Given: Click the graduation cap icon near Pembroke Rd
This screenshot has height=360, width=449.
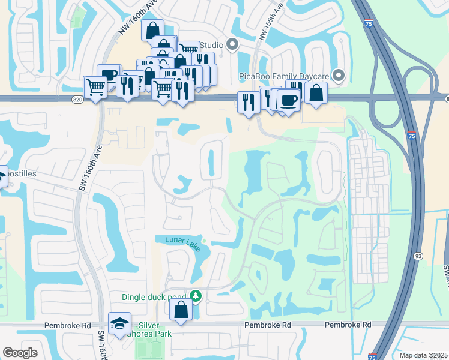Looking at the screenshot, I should point(120,323).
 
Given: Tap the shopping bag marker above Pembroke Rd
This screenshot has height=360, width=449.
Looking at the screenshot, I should point(180,310).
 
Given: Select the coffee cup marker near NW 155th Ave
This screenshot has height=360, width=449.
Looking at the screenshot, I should point(289,100).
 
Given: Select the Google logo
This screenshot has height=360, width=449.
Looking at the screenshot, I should point(20,353).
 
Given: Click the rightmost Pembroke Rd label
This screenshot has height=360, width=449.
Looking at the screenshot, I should point(348,325).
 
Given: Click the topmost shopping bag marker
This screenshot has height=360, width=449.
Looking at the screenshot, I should point(152,29).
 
